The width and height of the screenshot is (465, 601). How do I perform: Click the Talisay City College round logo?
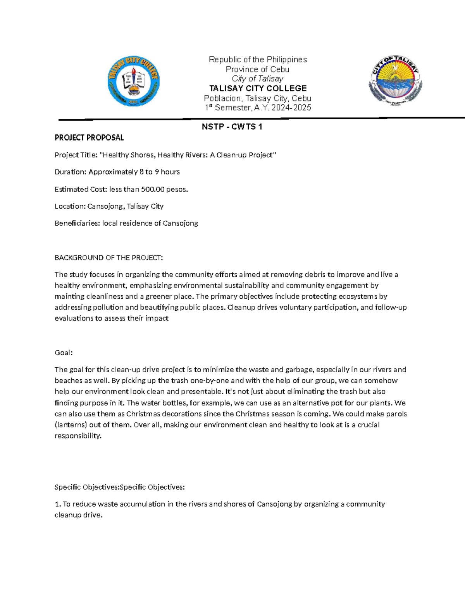pyautogui.click(x=133, y=81)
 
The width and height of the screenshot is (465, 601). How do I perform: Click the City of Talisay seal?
pyautogui.click(x=395, y=80)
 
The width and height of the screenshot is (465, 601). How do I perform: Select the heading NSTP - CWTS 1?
pyautogui.click(x=232, y=127)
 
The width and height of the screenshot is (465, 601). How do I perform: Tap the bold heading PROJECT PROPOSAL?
pyautogui.click(x=89, y=138)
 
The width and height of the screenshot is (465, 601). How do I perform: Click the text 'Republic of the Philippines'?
pyautogui.click(x=258, y=60)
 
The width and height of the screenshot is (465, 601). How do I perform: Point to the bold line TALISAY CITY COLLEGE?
pyautogui.click(x=258, y=88)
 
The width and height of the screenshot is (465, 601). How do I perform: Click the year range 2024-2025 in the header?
pyautogui.click(x=291, y=108)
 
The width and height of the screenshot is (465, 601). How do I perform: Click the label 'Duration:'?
pyautogui.click(x=71, y=172)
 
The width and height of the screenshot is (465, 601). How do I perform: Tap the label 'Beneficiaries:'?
pyautogui.click(x=77, y=223)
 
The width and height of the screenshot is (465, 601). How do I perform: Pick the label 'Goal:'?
pyautogui.click(x=64, y=353)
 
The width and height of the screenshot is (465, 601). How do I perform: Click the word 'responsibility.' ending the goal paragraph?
pyautogui.click(x=78, y=436)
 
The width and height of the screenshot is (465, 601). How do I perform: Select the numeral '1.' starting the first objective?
pyautogui.click(x=58, y=504)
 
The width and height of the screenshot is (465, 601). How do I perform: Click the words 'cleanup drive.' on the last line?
pyautogui.click(x=79, y=515)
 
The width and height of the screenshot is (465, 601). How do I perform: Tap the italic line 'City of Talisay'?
pyautogui.click(x=258, y=79)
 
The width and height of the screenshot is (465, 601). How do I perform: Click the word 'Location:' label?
pyautogui.click(x=70, y=206)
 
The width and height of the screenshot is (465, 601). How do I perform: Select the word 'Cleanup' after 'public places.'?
pyautogui.click(x=240, y=307)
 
